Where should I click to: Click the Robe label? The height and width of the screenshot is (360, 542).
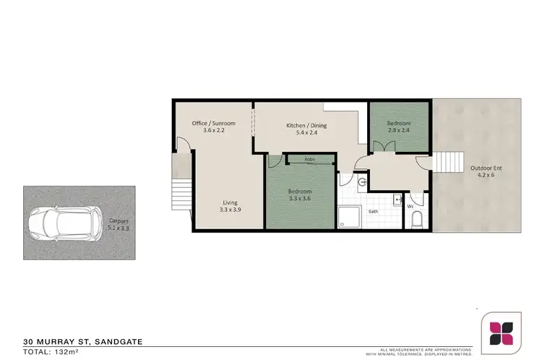pyautogui.click(x=309, y=158)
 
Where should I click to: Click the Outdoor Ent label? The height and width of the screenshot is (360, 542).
pyautogui.click(x=486, y=168)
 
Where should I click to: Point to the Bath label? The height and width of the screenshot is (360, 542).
pyautogui.click(x=373, y=212)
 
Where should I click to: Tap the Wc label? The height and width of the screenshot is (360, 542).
pyautogui.click(x=410, y=206)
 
